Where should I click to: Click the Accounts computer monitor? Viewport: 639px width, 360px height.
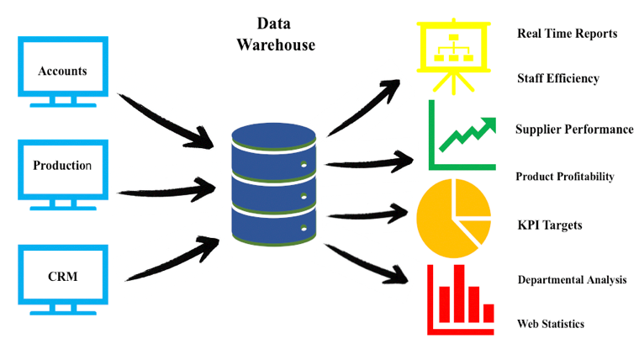click(63, 71)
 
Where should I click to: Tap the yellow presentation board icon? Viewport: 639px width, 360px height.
click(455, 54)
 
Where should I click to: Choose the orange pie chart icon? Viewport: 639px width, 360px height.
click(454, 219)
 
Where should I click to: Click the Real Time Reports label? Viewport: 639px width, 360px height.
click(567, 34)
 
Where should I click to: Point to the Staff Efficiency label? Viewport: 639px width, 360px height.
click(558, 78)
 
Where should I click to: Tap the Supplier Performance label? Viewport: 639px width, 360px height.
click(574, 130)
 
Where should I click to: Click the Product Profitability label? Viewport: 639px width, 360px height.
click(564, 177)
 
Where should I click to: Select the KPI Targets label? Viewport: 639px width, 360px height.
click(549, 225)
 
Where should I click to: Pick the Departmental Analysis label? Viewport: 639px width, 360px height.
click(572, 280)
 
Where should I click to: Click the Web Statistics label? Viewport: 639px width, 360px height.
click(551, 324)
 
